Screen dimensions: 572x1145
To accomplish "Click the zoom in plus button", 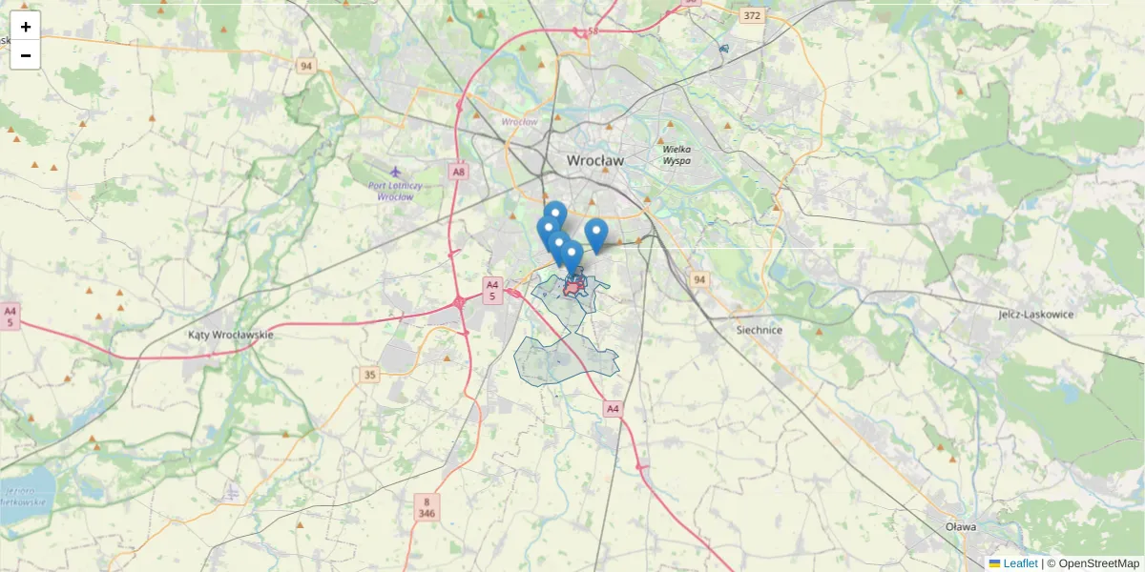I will [x=26, y=27].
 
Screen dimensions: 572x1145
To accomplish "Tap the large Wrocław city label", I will [x=595, y=161].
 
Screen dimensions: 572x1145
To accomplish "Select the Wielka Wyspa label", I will [x=677, y=154].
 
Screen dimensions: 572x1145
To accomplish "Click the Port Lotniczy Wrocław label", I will [x=395, y=191].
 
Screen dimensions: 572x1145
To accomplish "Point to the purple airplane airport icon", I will [x=395, y=172].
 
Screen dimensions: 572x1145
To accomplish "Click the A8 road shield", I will [x=460, y=172].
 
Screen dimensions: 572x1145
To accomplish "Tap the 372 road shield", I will [x=753, y=15].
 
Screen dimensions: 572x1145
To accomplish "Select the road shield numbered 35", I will [x=370, y=375].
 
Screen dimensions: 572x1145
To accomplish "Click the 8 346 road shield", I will [x=427, y=507].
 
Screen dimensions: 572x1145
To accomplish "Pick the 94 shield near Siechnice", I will [x=700, y=279].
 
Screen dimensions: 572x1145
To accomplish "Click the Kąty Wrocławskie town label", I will [x=231, y=335].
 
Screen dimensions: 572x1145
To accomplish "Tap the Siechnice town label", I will [x=760, y=330].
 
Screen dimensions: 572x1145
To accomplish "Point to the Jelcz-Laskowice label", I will [x=1036, y=314].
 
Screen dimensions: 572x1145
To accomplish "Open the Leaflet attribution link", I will [x=1020, y=563].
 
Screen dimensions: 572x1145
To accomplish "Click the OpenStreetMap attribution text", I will [x=1098, y=563].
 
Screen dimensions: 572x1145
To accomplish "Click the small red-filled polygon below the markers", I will [x=574, y=286].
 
